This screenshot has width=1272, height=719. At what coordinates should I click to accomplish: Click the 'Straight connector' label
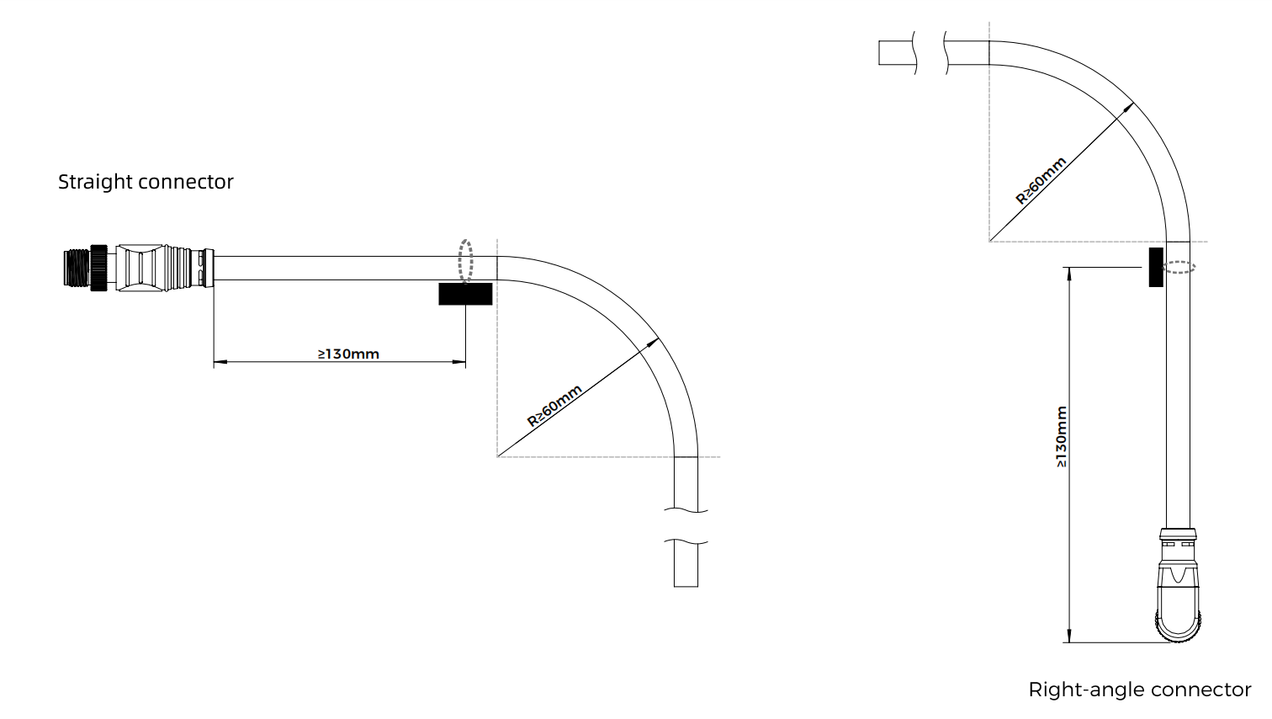[146, 182]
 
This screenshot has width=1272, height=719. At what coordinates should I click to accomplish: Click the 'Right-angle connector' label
[1139, 690]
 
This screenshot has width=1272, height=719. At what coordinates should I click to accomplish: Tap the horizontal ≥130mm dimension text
[348, 354]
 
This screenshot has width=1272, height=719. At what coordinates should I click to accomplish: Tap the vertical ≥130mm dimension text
[1061, 437]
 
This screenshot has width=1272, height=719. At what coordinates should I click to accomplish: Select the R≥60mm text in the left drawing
[554, 407]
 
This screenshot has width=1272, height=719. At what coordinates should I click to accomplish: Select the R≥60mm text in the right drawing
[1041, 180]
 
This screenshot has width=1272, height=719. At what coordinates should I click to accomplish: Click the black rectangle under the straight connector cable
[465, 294]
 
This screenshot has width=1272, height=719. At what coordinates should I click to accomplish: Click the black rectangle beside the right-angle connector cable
[1156, 267]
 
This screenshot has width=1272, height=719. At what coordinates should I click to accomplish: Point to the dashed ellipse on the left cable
[465, 260]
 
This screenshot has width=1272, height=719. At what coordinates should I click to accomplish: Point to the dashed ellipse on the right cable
[1179, 267]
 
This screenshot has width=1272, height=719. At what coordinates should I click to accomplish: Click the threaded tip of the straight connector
[78, 268]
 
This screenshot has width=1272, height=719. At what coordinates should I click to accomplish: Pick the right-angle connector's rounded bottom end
[1179, 627]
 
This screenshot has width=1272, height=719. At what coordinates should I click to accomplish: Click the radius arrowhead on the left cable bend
[654, 342]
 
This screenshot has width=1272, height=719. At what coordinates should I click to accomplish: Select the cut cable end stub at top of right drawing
[895, 52]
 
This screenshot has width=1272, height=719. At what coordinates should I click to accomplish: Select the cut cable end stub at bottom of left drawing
[686, 564]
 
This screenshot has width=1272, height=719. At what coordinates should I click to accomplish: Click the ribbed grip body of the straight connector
[142, 268]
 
